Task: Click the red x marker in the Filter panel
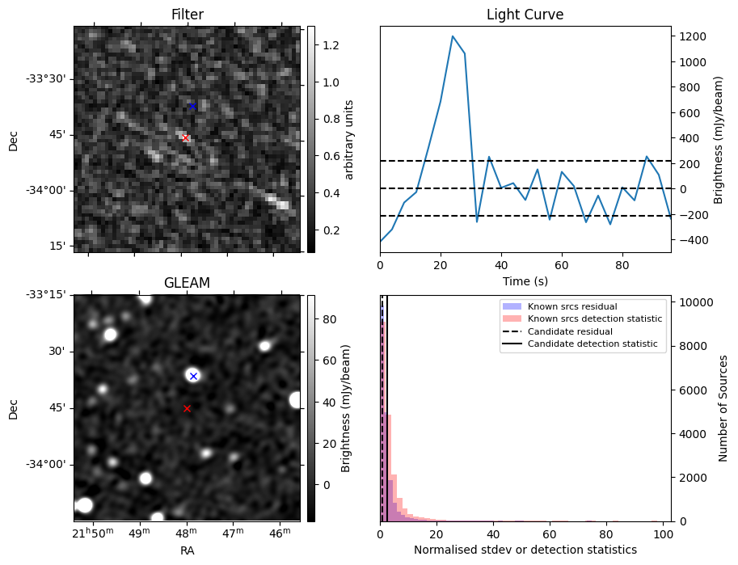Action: click(x=185, y=138)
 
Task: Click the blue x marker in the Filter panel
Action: click(x=192, y=106)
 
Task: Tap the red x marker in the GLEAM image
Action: click(x=187, y=409)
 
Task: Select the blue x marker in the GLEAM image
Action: click(x=193, y=376)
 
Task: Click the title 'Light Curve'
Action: click(x=525, y=15)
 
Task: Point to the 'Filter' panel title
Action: click(x=187, y=15)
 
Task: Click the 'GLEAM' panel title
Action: click(x=187, y=282)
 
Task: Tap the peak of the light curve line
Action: click(x=453, y=36)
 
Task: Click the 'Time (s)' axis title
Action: click(x=525, y=280)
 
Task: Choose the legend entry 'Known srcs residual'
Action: click(x=571, y=306)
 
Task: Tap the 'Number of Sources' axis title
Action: click(x=723, y=408)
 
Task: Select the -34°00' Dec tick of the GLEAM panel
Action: click(x=48, y=464)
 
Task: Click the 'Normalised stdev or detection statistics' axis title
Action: click(x=525, y=550)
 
